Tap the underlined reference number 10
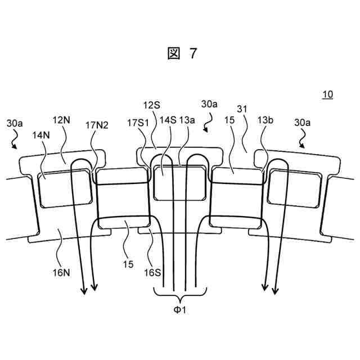click(x=326, y=94)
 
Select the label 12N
click(x=61, y=120)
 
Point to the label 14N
click(x=41, y=135)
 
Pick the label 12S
click(x=151, y=105)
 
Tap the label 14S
click(x=167, y=120)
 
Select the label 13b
click(x=266, y=120)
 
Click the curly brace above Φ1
click(x=180, y=293)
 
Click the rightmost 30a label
click(x=304, y=123)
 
